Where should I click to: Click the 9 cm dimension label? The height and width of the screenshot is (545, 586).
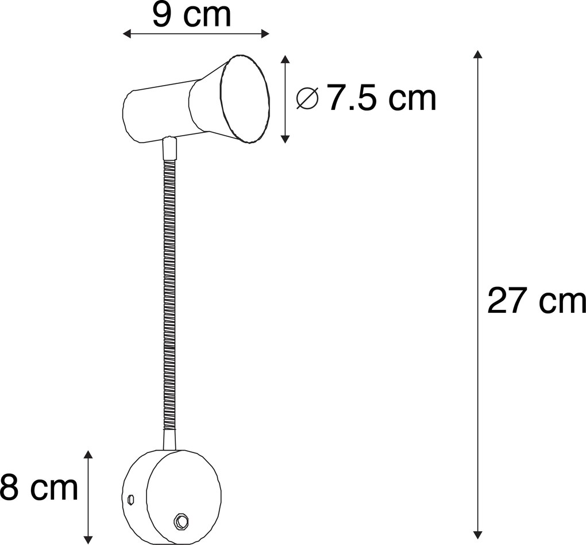point(192,15)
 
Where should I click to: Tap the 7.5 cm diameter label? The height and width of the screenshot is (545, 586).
point(381,98)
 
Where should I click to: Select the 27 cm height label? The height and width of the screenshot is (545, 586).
point(537,300)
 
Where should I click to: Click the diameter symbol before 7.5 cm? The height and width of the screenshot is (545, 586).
point(307,98)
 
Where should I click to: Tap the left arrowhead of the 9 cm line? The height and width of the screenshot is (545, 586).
point(127,34)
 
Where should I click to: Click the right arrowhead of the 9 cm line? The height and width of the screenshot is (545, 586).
point(265,34)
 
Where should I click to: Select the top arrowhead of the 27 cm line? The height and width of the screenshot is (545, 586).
point(477,54)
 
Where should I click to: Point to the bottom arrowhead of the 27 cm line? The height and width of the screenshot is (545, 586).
point(477,535)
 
